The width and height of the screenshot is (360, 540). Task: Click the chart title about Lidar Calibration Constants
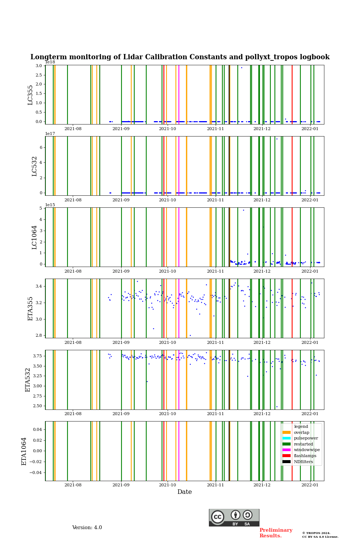tap(180, 57)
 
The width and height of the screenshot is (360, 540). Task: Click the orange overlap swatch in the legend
tap(286, 432)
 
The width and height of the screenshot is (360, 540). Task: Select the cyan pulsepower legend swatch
tap(286, 438)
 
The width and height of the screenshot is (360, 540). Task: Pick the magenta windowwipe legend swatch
tap(286, 450)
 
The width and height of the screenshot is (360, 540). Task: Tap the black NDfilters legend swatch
tap(286, 462)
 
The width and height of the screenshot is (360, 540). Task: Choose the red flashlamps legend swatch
tap(286, 456)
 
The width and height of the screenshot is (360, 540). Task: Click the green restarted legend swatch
tap(286, 444)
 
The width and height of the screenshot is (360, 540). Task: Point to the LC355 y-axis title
tap(30, 95)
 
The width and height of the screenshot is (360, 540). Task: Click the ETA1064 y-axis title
tap(24, 451)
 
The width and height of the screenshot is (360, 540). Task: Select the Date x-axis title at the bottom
tap(184, 492)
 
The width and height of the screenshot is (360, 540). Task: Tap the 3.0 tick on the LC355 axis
tap(39, 66)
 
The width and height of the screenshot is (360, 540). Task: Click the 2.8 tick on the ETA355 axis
tap(39, 336)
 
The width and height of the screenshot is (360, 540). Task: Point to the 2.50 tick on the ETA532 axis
tap(37, 406)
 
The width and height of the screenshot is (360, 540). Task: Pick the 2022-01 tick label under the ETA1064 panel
tap(310, 485)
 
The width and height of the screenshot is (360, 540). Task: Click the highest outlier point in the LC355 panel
tap(241, 68)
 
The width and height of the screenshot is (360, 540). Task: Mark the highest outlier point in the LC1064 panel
tap(243, 210)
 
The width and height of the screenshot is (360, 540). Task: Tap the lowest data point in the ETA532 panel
tap(277, 406)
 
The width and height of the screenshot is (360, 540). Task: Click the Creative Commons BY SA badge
tap(234, 517)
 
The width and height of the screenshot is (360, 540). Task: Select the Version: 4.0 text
tap(87, 528)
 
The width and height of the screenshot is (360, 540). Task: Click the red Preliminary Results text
tap(276, 533)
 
